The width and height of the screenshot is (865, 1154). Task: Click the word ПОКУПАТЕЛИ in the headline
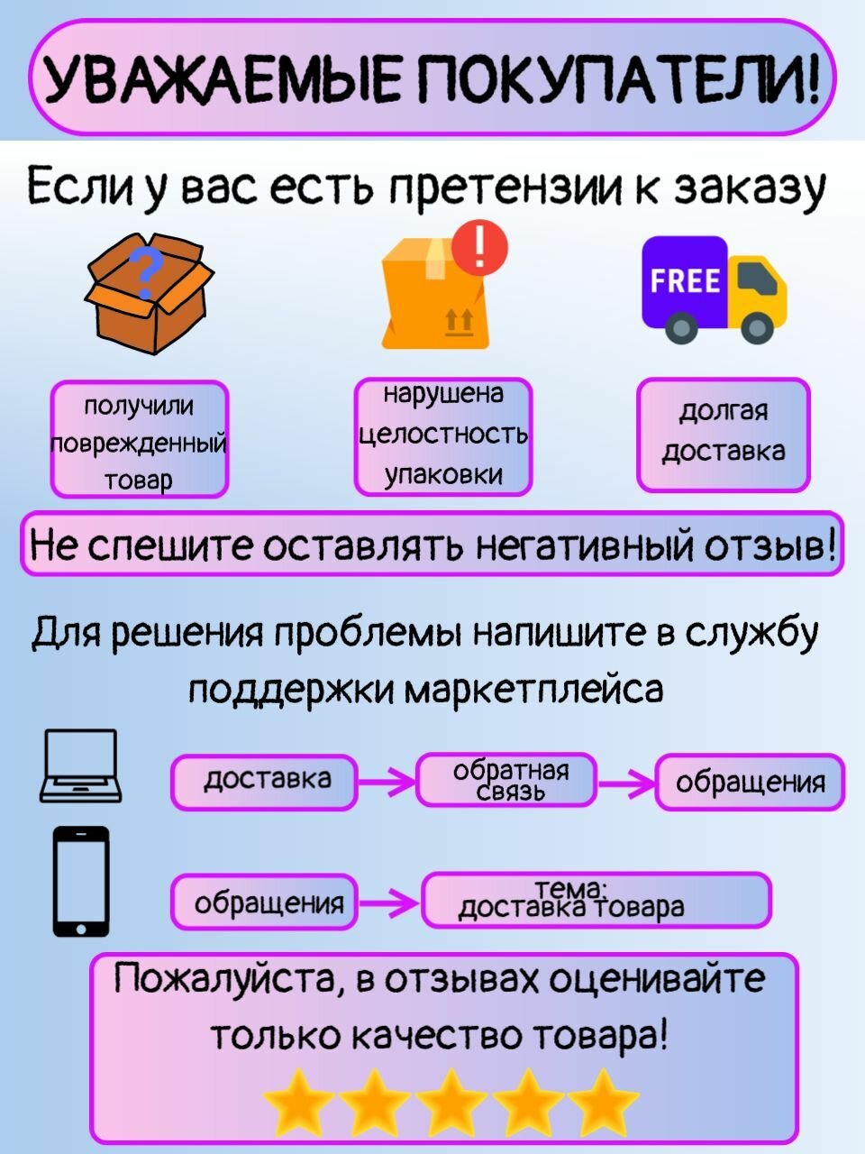click(x=622, y=79)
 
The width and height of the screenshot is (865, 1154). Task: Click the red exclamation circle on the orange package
click(x=480, y=245)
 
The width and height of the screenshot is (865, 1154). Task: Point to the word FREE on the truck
click(x=686, y=281)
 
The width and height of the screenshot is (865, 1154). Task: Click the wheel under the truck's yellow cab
click(x=757, y=326)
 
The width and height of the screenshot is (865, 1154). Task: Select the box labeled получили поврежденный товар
click(x=139, y=440)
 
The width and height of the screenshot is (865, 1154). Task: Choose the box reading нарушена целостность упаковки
click(x=443, y=436)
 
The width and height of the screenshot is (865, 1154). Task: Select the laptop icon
click(x=80, y=766)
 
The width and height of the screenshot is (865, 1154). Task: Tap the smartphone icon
click(x=81, y=882)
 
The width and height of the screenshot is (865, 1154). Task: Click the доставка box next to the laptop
click(x=265, y=782)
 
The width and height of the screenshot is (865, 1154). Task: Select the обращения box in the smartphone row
click(x=265, y=901)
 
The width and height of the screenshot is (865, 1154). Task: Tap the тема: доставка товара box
click(x=596, y=900)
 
